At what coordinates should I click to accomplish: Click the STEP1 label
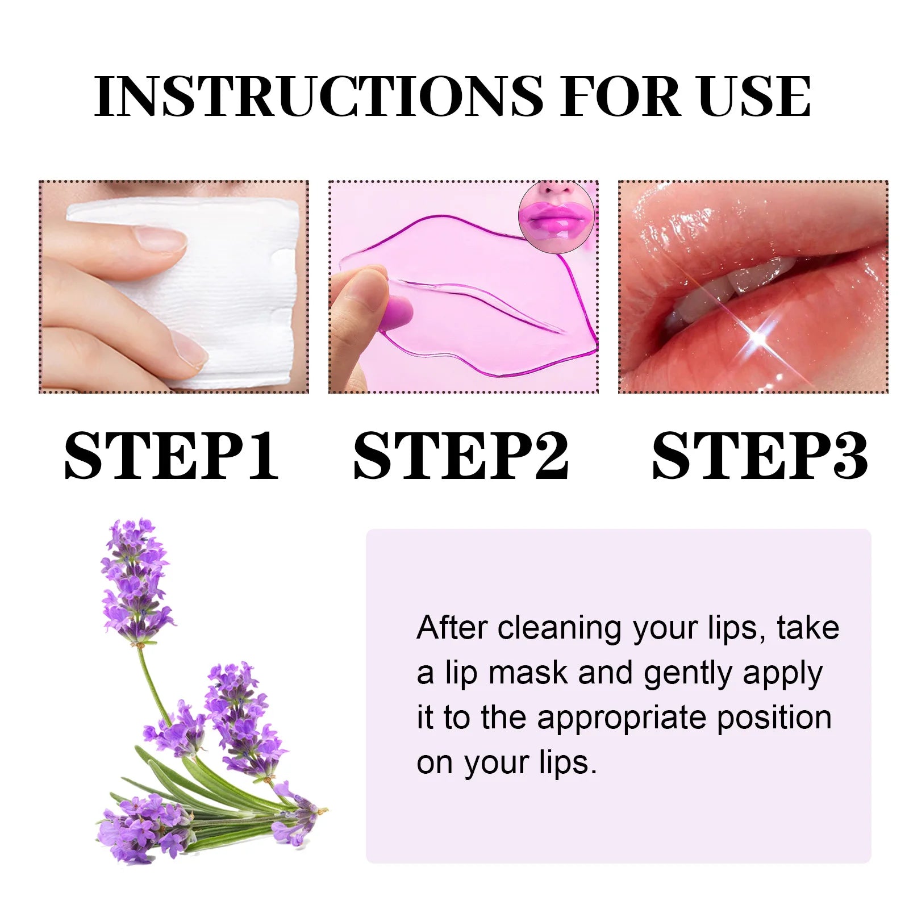pos(171,456)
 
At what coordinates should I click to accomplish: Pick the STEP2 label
pos(461,456)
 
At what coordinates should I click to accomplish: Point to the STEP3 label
pos(760,456)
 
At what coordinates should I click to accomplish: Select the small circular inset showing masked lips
pos(556,218)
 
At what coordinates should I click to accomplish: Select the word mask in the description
pos(528,673)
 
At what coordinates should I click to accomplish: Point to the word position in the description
pos(774,718)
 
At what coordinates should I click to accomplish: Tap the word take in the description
pos(808,628)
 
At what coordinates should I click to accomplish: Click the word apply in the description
pos(782,674)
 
